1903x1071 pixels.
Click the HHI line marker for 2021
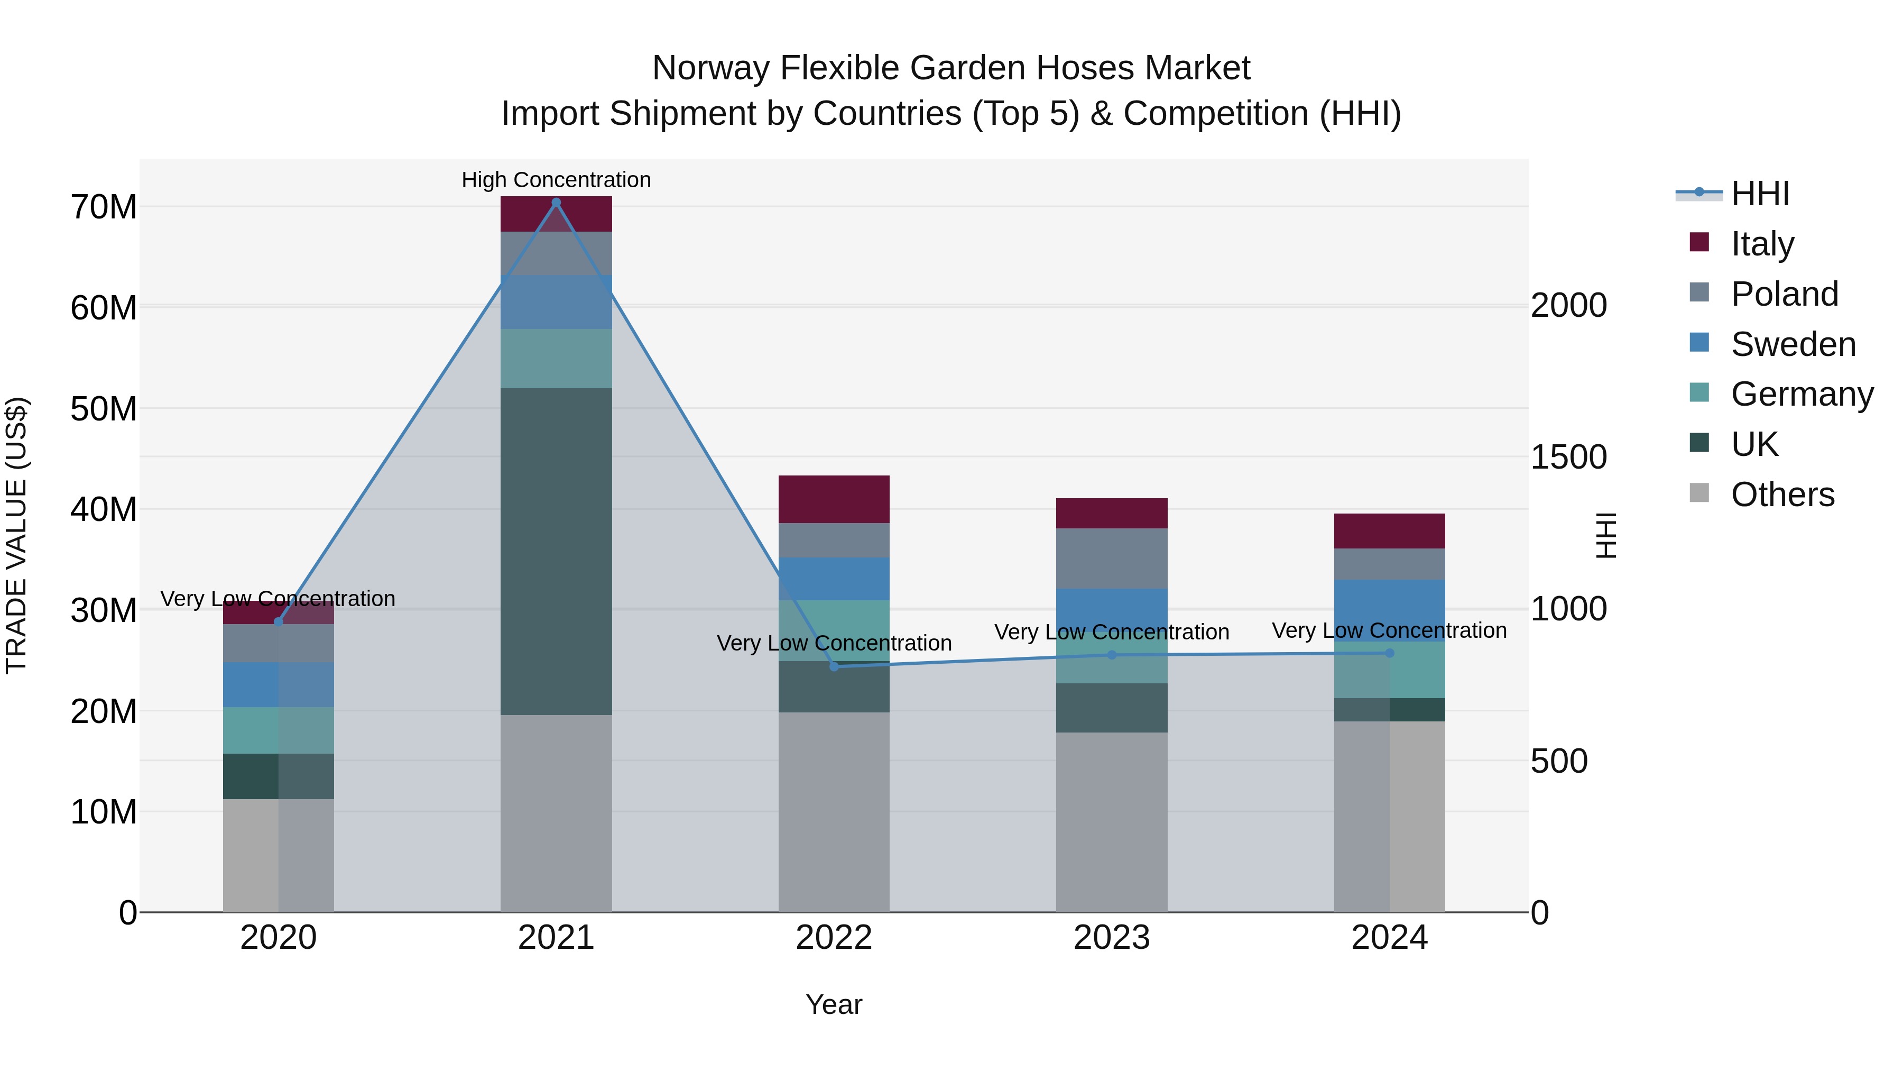coord(556,202)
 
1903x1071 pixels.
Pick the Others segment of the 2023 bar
coord(1112,822)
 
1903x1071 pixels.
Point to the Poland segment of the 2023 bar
coord(1112,558)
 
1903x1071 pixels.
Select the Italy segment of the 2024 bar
coord(1390,530)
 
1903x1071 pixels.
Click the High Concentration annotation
coord(556,180)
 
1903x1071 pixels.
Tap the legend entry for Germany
coord(1802,394)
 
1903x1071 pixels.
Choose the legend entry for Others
coord(1782,495)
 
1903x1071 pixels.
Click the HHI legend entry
coord(1760,194)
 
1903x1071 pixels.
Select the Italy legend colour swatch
coord(1699,242)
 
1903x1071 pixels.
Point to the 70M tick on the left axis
coord(104,207)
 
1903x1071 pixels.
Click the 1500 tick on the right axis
coord(1568,457)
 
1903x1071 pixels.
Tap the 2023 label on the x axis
coord(1112,938)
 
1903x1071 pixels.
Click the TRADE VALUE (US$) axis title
coord(16,535)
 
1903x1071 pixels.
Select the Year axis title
coord(834,1004)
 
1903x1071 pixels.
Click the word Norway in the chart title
coord(710,68)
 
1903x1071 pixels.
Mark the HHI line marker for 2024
coord(1390,653)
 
